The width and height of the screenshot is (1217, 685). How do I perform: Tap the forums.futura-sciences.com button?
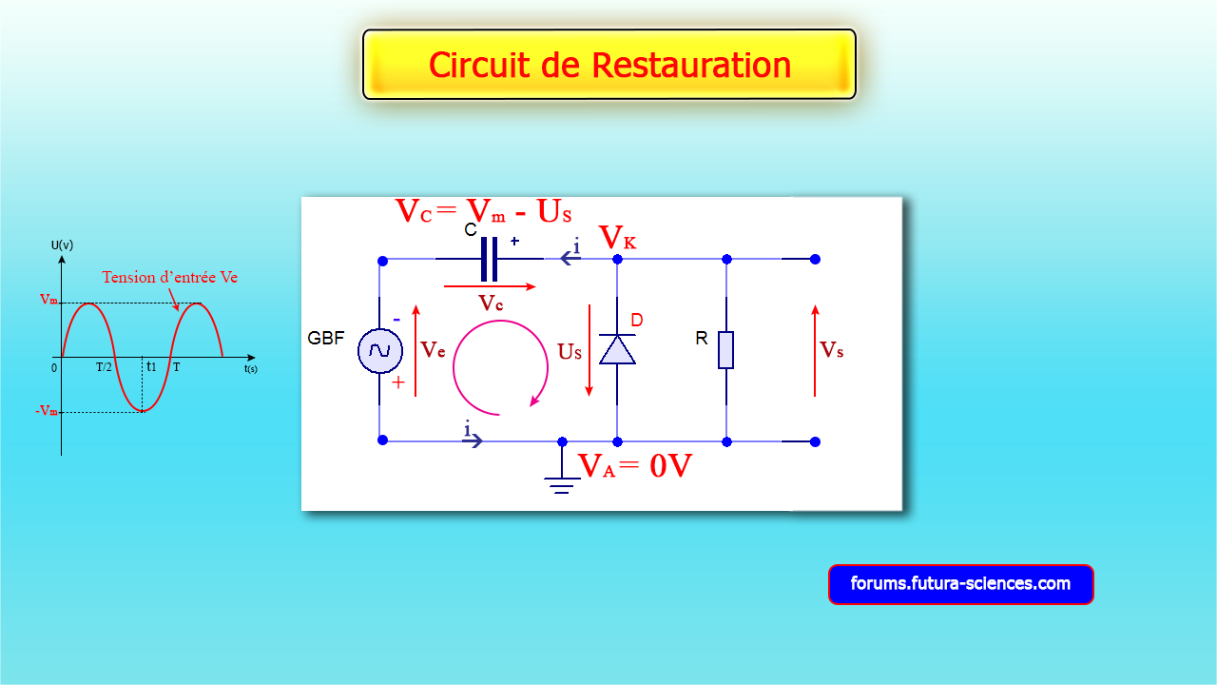960,584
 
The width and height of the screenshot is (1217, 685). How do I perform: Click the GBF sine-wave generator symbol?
379,350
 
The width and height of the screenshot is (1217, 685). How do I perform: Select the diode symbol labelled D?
617,349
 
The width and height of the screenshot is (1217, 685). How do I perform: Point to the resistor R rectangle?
726,349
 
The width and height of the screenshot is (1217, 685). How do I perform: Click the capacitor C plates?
490,259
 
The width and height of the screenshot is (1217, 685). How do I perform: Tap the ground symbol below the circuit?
562,483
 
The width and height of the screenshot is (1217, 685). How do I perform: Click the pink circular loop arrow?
500,367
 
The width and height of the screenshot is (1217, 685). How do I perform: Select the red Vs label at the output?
832,350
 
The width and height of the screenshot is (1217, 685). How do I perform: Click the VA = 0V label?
634,466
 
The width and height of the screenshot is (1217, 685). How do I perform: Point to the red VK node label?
617,238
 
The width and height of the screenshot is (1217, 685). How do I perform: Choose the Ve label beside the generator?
434,349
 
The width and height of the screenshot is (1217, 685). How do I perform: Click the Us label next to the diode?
570,352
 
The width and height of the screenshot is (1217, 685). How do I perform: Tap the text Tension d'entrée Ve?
169,278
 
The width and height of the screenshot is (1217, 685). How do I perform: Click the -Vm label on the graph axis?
46,411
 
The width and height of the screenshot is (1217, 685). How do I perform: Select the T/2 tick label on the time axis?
105,367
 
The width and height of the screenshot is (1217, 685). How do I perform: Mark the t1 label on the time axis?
150,366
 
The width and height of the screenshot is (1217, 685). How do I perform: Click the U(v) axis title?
62,245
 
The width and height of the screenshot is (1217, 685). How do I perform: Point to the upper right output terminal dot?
815,259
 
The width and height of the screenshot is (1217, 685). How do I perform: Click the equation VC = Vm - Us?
483,211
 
